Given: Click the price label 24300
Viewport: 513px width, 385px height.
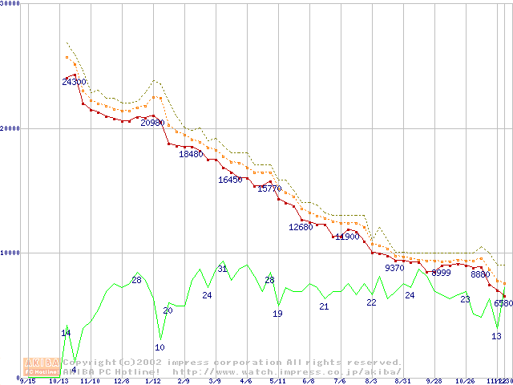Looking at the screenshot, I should pyautogui.click(x=75, y=82).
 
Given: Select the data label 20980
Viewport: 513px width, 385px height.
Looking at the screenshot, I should pyautogui.click(x=153, y=123).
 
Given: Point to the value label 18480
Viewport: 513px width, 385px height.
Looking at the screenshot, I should pyautogui.click(x=191, y=154).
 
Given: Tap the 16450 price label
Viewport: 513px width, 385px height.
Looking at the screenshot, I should pyautogui.click(x=230, y=180).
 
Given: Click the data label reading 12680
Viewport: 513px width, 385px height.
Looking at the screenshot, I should pyautogui.click(x=301, y=227).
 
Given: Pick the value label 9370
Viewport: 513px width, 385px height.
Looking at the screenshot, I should pyautogui.click(x=395, y=268).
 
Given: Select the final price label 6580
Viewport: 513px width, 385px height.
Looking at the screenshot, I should pyautogui.click(x=503, y=303).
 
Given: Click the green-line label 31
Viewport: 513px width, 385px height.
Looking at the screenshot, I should pyautogui.click(x=223, y=269).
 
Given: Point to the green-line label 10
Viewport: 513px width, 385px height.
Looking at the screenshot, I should pyautogui.click(x=160, y=347).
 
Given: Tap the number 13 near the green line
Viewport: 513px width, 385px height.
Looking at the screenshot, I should pyautogui.click(x=497, y=336).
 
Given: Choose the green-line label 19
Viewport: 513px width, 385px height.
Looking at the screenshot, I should pyautogui.click(x=277, y=314).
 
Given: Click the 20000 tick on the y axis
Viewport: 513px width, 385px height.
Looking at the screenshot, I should pyautogui.click(x=11, y=128).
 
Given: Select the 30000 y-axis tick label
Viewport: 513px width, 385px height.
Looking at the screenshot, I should pyautogui.click(x=11, y=4).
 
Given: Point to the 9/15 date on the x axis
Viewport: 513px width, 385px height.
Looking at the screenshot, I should pyautogui.click(x=26, y=381).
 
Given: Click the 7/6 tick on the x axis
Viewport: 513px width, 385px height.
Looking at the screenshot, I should pyautogui.click(x=340, y=381).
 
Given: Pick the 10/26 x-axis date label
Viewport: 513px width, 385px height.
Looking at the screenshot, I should pyautogui.click(x=466, y=381).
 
